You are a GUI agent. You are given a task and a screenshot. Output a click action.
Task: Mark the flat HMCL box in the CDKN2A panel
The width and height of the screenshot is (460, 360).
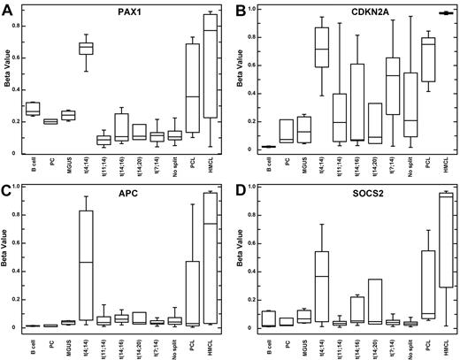click(448, 12)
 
